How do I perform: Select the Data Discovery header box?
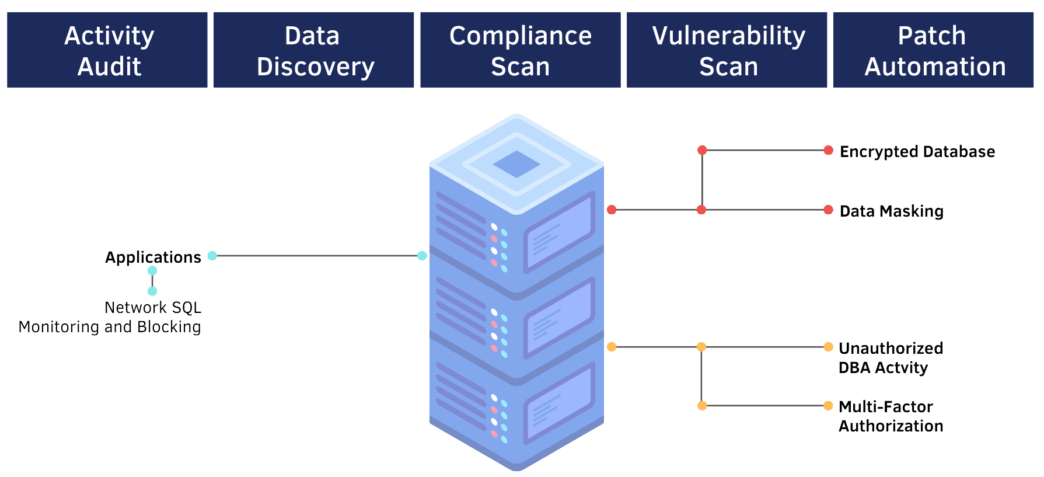[x=313, y=50]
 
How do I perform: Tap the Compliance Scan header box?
[x=520, y=50]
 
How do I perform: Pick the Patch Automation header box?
[x=933, y=50]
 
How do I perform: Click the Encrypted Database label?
[x=917, y=152]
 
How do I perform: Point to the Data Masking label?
[x=891, y=211]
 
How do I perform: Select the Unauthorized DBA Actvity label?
[x=891, y=358]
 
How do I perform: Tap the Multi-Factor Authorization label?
[x=891, y=416]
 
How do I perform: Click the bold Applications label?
[x=153, y=257]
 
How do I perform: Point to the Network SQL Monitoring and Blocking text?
[x=110, y=317]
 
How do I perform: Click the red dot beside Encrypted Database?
[x=828, y=151]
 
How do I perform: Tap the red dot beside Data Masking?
[x=828, y=210]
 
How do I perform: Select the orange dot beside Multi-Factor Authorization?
[x=828, y=406]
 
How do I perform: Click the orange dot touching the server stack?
[x=612, y=347]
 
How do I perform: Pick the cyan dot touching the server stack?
[x=422, y=256]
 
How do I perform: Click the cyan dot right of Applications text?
[x=212, y=256]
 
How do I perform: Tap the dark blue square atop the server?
[x=516, y=164]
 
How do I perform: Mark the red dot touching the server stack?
[x=612, y=210]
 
